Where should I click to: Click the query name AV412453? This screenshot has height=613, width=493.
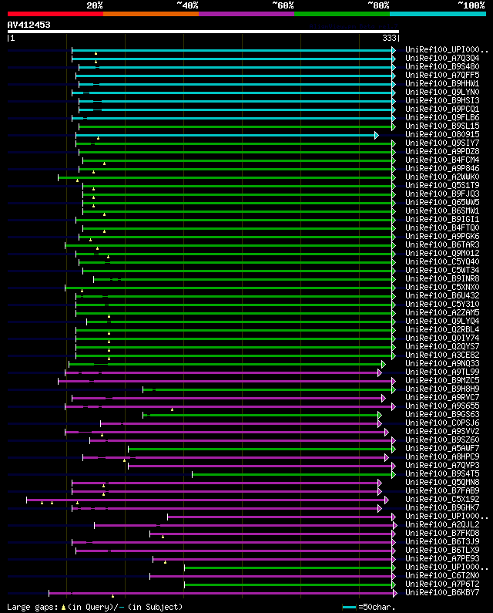[29, 25]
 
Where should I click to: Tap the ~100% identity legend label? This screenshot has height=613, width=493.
[471, 5]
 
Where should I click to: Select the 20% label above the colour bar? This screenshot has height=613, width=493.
[95, 5]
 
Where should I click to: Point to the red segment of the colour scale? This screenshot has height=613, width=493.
[55, 13]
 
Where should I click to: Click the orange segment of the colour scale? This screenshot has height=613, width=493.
[150, 13]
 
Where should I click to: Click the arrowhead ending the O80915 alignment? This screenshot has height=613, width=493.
[376, 135]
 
